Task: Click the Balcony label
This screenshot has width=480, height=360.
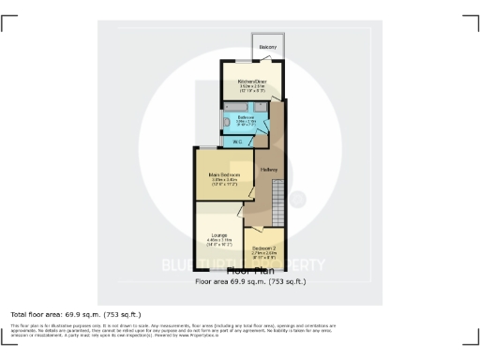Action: click(267, 46)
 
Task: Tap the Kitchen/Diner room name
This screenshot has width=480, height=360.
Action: click(251, 82)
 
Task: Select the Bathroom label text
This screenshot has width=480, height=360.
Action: click(245, 117)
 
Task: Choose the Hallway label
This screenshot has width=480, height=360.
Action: click(269, 169)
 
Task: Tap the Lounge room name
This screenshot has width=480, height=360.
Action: click(219, 233)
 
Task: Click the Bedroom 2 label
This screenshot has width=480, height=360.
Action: click(263, 247)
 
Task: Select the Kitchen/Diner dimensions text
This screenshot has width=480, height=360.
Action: click(251, 89)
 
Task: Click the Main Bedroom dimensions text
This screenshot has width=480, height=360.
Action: click(225, 183)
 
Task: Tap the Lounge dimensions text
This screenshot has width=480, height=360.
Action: click(219, 241)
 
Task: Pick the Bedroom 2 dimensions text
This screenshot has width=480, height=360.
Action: click(263, 255)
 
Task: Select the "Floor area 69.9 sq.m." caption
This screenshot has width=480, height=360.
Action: click(249, 280)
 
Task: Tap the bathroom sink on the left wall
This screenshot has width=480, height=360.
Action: click(225, 123)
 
